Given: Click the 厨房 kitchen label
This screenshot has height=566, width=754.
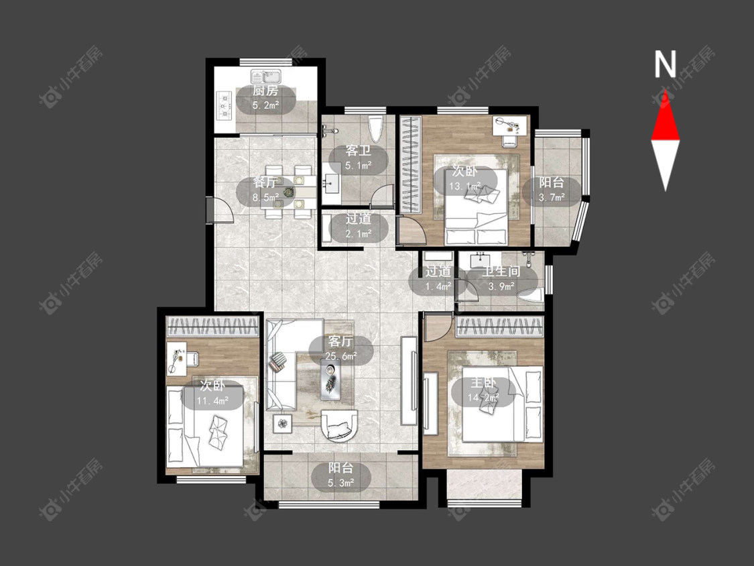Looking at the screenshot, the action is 265,91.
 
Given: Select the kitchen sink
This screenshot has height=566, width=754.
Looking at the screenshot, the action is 266,76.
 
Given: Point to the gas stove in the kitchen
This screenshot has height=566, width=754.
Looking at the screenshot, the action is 225,106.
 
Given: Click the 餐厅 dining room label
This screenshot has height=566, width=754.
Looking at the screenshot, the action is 266,183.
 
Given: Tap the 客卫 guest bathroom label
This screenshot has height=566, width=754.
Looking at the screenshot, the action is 359,151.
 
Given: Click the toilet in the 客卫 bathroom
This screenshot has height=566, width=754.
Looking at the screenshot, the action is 375,128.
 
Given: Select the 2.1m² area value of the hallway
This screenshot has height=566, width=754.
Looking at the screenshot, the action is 359,234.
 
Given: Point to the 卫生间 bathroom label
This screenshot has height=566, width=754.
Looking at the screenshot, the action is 501,272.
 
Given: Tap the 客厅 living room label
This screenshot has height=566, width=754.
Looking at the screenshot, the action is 340,342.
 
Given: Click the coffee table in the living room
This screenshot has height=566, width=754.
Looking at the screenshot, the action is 331,380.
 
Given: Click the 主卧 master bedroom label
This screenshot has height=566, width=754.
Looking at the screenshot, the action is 483,383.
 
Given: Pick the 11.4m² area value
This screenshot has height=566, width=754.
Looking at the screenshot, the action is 212,400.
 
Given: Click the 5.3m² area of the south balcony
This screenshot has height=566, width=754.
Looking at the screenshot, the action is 341,482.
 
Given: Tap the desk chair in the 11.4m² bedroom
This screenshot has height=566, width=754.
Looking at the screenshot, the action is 192,358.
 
